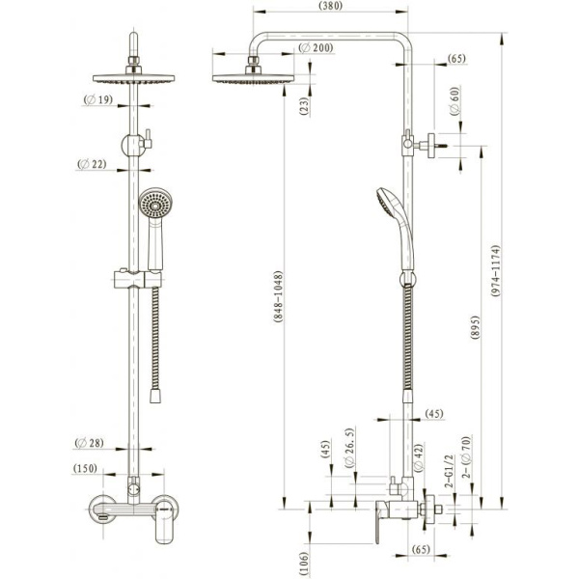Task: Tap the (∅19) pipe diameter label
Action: (x=98, y=99)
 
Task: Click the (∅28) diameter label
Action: (x=91, y=443)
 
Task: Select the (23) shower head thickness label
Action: (x=304, y=107)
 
